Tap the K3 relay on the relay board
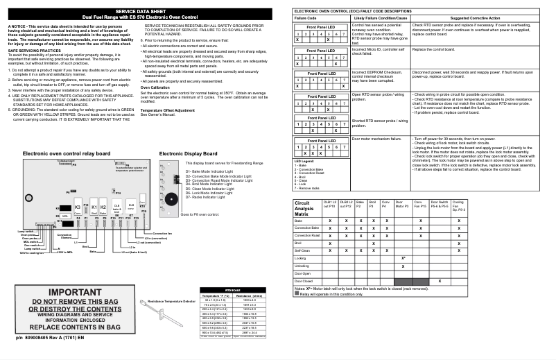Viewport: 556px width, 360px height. click(x=78, y=207)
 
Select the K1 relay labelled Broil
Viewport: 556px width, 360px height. click(x=94, y=207)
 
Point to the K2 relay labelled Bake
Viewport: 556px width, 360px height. click(x=103, y=207)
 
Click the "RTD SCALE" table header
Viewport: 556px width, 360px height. click(x=231, y=289)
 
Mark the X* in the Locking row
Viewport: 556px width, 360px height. click(x=403, y=257)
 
